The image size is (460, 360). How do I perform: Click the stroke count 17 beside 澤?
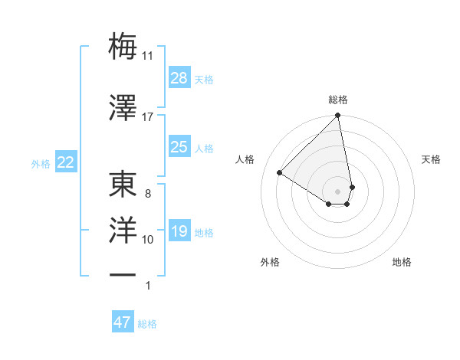148,116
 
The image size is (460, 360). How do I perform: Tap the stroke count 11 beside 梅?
148,56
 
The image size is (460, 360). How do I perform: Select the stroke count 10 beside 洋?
148,240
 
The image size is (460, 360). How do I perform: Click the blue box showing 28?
179,78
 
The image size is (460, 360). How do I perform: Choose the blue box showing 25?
179,147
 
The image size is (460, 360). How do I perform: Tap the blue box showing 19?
179,231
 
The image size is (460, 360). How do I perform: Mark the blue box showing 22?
65,162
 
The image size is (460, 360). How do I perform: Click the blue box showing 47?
123,322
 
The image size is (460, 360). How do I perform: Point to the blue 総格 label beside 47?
147,324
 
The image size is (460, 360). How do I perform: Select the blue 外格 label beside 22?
41,164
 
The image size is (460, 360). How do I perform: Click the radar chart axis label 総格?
338,100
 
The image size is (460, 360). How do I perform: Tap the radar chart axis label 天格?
431,159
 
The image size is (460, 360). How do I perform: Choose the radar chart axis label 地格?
402,262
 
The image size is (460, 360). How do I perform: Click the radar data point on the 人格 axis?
280,173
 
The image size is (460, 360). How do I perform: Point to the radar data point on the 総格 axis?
338,116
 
